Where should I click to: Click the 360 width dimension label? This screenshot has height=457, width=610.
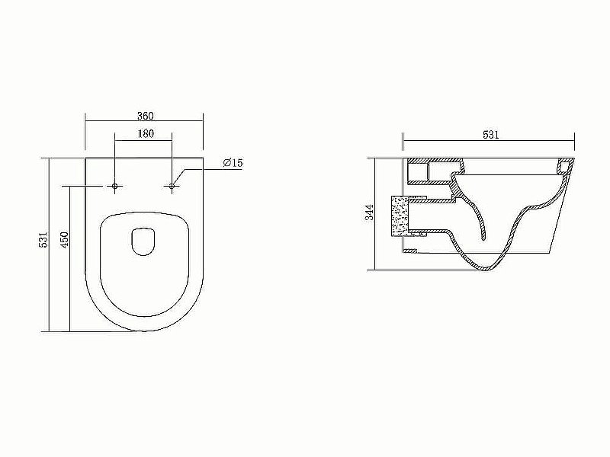point(145,116)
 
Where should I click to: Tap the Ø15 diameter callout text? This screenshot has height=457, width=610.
point(233,163)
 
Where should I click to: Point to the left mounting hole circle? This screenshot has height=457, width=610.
point(115,185)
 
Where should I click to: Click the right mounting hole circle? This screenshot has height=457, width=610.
point(173,185)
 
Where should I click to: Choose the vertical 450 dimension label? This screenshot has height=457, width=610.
point(65,240)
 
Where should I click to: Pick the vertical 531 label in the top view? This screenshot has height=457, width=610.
point(44,240)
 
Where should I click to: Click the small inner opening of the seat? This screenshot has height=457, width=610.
point(144,241)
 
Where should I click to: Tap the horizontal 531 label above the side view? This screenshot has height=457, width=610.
point(490,135)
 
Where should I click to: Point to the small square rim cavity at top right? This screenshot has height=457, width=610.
point(565,167)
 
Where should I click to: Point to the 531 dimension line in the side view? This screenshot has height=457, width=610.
point(457,142)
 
